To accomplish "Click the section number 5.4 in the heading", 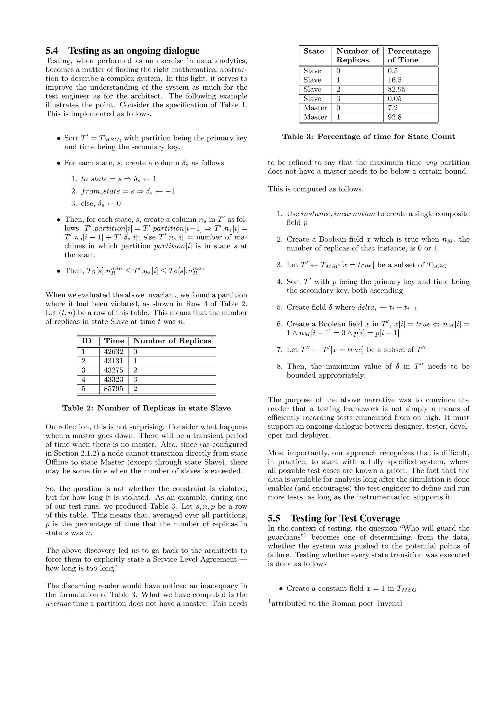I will coord(52,51).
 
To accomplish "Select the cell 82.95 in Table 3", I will coord(396,90).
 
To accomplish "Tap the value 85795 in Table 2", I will coord(113,389).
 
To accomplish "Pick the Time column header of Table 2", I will coord(114,341).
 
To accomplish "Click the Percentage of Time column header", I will coord(409,55).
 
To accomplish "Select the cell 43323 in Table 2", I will coord(113,379).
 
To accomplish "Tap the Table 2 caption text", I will coord(146,408).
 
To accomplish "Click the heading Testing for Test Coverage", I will coord(345,518).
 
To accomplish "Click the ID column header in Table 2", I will coord(86,341).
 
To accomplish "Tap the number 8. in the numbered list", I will coord(280,367).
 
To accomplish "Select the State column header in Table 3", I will coord(313,51).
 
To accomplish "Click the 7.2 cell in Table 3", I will coord(392,108).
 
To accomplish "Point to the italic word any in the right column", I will coord(431,163).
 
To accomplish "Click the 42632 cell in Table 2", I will coord(113,352).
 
